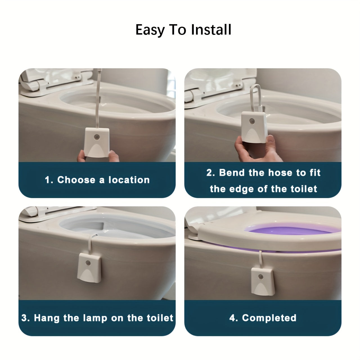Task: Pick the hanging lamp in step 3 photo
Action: [x=89, y=267]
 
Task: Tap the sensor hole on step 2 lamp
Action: [x=252, y=121]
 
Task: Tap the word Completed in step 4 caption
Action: [x=269, y=318]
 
